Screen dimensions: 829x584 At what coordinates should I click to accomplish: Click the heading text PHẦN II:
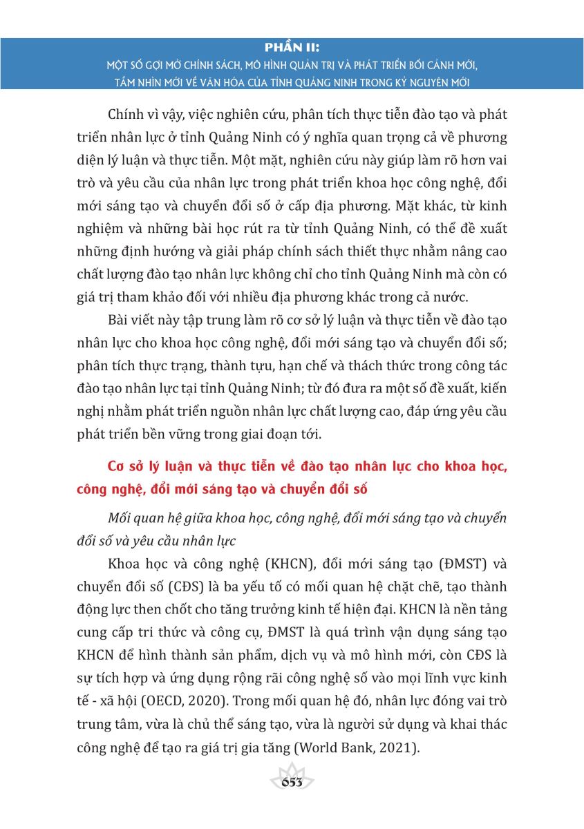[x=292, y=48]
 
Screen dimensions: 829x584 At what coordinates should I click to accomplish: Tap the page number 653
[x=292, y=781]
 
